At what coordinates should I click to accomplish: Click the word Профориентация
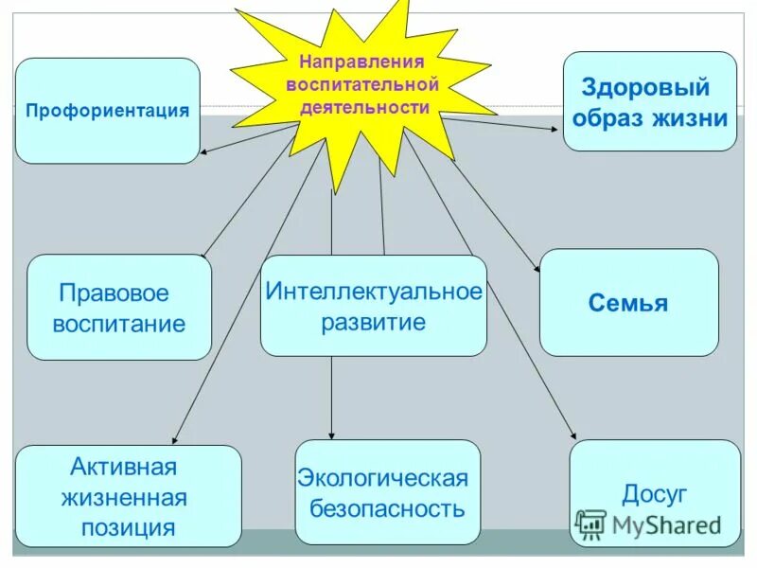[x=108, y=111]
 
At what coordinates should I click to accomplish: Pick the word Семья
[x=628, y=304]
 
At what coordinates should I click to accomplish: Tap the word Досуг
[x=654, y=494]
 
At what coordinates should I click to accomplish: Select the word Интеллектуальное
[x=374, y=291]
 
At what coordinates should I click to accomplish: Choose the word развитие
[x=373, y=322]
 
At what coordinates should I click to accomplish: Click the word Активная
[x=124, y=467]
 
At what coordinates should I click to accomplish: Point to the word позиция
[x=128, y=527]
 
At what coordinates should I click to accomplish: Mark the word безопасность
[x=387, y=508]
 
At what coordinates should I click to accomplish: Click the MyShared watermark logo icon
[x=591, y=524]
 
